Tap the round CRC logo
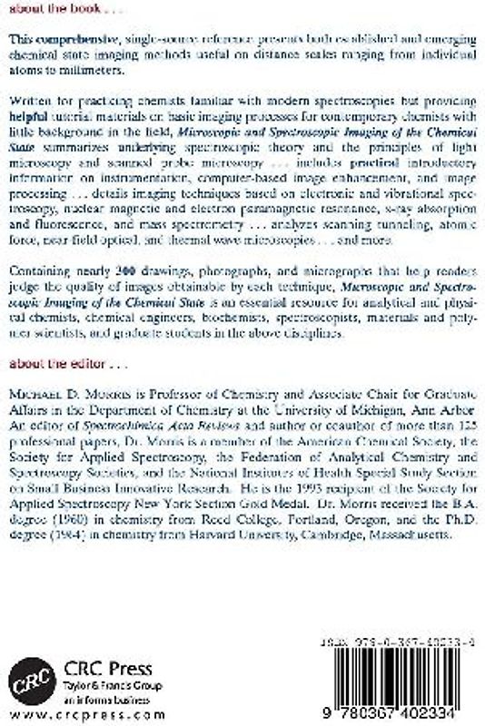pos(28,677)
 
